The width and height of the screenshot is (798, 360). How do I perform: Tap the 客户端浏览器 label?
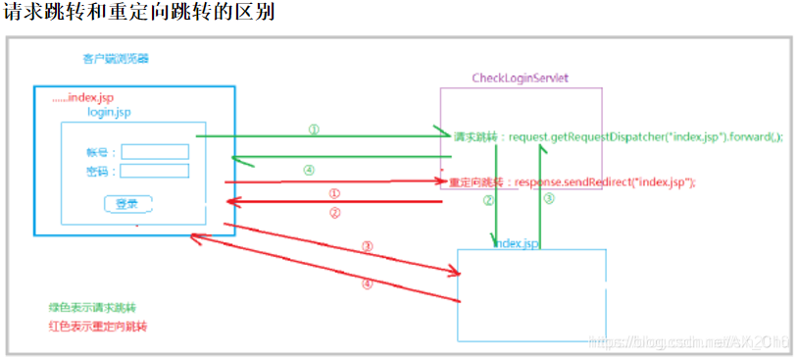(x=116, y=59)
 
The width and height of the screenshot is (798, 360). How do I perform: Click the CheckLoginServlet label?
(x=521, y=77)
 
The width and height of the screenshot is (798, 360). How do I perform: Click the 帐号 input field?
(x=155, y=152)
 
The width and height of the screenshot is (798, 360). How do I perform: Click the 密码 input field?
(x=155, y=172)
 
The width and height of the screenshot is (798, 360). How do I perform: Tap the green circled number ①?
(x=314, y=129)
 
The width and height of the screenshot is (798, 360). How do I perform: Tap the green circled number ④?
(x=309, y=170)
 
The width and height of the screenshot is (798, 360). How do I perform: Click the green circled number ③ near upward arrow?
(x=549, y=199)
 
